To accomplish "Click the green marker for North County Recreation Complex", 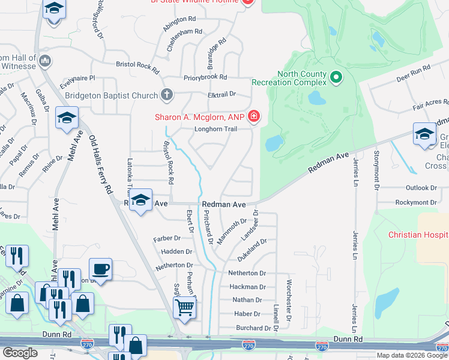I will [336, 77].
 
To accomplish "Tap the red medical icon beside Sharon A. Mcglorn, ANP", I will [254, 116].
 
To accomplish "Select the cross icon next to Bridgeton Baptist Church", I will [167, 95].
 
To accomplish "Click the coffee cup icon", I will [100, 268].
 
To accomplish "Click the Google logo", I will [20, 353].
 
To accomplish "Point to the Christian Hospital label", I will [418, 235].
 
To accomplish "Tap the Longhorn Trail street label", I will [215, 129].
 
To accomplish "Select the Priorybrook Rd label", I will [205, 77].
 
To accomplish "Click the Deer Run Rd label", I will [414, 74].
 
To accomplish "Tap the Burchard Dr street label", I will [253, 328].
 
